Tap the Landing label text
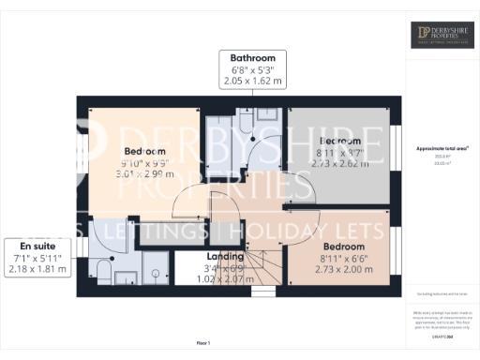226,256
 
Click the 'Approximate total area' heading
442,148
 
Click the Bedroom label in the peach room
145,152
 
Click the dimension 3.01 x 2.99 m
145,174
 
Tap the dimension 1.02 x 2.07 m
226,278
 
